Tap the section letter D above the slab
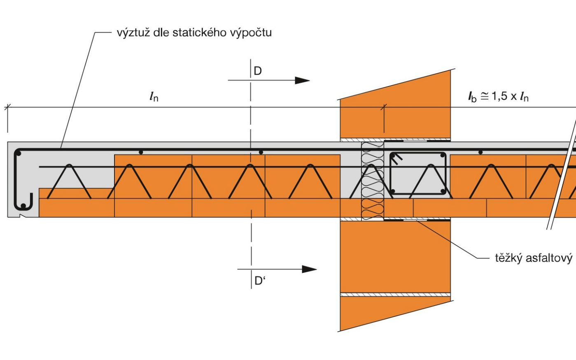pyautogui.click(x=258, y=71)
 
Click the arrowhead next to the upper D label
pyautogui.click(x=302, y=80)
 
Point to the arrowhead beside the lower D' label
pyautogui.click(x=309, y=269)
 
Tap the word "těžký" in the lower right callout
pyautogui.click(x=509, y=258)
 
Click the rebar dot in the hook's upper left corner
pyautogui.click(x=18, y=154)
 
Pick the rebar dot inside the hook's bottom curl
pyautogui.click(x=23, y=205)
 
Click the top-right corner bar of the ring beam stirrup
pyautogui.click(x=442, y=156)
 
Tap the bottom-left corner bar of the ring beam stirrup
pyautogui.click(x=393, y=191)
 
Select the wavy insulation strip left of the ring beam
pyautogui.click(x=372, y=181)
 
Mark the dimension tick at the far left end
pyautogui.click(x=7, y=108)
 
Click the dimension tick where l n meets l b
pyautogui.click(x=384, y=108)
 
